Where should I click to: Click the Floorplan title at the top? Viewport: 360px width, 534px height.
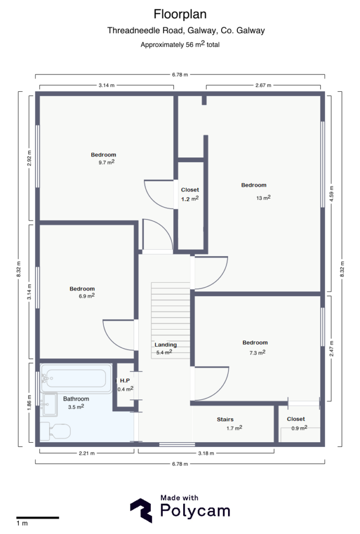[x=179, y=13]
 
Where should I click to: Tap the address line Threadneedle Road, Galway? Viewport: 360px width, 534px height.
[x=186, y=31]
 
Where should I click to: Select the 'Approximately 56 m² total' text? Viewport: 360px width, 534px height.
[x=179, y=44]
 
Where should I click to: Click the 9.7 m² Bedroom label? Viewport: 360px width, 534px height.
[x=103, y=155]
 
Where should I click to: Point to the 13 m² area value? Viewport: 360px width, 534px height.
[x=263, y=198]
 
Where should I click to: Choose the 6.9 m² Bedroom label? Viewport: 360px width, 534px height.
[x=82, y=289]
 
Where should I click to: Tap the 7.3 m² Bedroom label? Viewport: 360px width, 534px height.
[x=255, y=343]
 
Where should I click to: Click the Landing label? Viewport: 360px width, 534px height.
[x=165, y=345]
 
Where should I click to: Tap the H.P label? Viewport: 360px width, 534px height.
[x=124, y=381]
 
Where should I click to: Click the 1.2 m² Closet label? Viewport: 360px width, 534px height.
[x=190, y=190]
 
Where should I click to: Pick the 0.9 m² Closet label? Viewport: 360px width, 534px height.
[x=296, y=419]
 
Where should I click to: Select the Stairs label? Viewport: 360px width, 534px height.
[x=225, y=420]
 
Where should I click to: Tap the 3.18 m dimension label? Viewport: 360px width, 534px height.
[x=206, y=453]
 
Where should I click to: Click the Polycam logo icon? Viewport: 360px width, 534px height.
[x=141, y=510]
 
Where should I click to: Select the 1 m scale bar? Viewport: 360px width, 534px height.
[x=37, y=518]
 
